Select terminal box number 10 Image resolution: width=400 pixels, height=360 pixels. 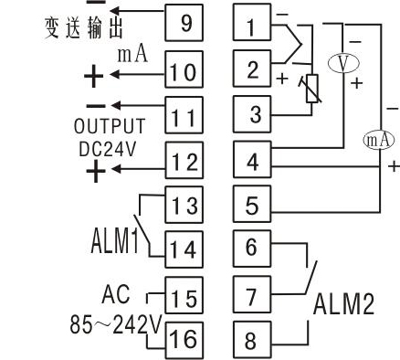click(x=186, y=70)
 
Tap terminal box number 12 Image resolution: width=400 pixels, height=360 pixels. click(x=186, y=163)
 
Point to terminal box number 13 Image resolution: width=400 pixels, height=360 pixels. click(x=186, y=206)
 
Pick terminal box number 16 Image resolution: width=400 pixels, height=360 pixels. click(x=184, y=338)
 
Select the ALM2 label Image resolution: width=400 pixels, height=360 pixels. click(x=343, y=306)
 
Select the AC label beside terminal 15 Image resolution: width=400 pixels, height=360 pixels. click(x=116, y=295)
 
